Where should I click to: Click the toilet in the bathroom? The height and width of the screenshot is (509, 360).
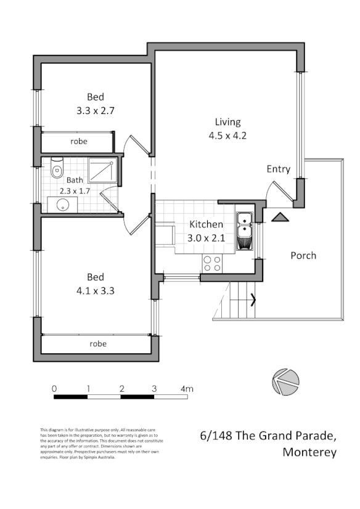coord(57,168)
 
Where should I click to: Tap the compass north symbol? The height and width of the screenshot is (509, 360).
coord(285,381)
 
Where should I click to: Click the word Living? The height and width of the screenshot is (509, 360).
coord(227,122)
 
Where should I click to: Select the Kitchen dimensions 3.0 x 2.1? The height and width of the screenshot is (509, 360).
coord(206,238)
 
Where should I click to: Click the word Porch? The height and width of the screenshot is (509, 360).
coord(303,255)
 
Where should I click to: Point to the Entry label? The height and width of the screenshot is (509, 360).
coord(278,169)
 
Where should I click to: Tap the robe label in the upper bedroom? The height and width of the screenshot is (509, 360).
coord(79,142)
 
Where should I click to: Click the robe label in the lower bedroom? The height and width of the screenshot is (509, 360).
coord(98,343)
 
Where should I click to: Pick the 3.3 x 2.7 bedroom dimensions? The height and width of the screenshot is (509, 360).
coord(96,112)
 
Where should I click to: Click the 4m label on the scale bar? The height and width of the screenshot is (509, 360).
coord(187,389)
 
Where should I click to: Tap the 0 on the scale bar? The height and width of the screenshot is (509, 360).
coord(55,389)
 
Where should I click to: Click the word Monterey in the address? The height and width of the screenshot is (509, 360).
coord(309,452)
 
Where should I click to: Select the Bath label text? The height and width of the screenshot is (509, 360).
coord(75,181)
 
